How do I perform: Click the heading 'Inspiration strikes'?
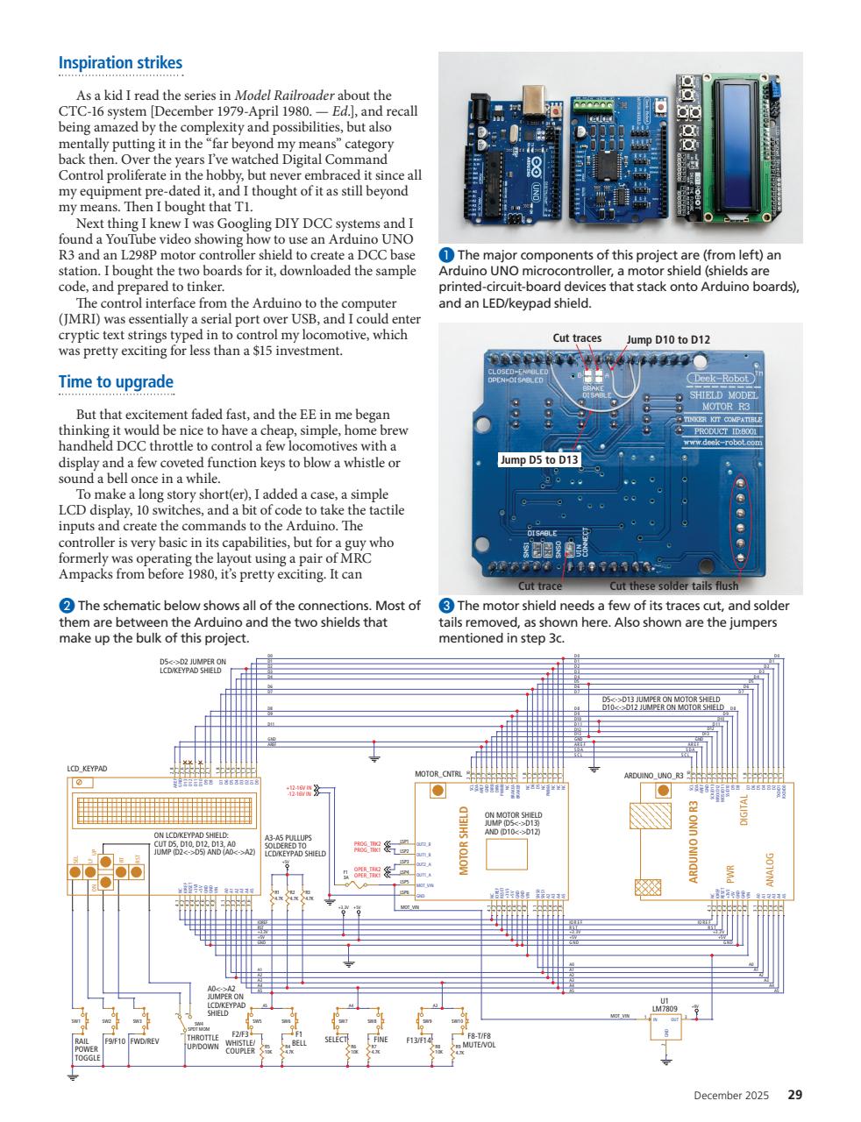click(x=120, y=63)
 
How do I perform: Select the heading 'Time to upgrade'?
click(x=116, y=382)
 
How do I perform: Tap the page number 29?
click(x=794, y=1094)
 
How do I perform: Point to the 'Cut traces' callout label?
click(x=577, y=337)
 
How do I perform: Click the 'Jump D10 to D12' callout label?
click(x=668, y=339)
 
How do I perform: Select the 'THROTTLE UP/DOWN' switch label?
click(x=203, y=1042)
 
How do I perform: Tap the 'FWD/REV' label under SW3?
click(x=144, y=1041)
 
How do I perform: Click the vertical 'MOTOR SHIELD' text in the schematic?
click(x=466, y=845)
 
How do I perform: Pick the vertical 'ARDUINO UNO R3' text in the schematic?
click(x=693, y=841)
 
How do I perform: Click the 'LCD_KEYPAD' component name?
click(x=87, y=769)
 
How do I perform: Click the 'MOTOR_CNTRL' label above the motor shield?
click(x=438, y=774)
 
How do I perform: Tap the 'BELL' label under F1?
click(x=299, y=1043)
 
